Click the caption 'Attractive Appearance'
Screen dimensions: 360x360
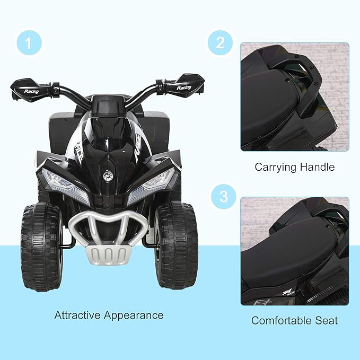point(109,315)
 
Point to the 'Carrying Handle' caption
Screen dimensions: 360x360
point(294,167)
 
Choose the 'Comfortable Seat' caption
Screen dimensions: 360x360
point(294,320)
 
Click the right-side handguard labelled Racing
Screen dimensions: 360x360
point(180,85)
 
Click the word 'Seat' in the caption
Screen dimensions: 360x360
point(326,320)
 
